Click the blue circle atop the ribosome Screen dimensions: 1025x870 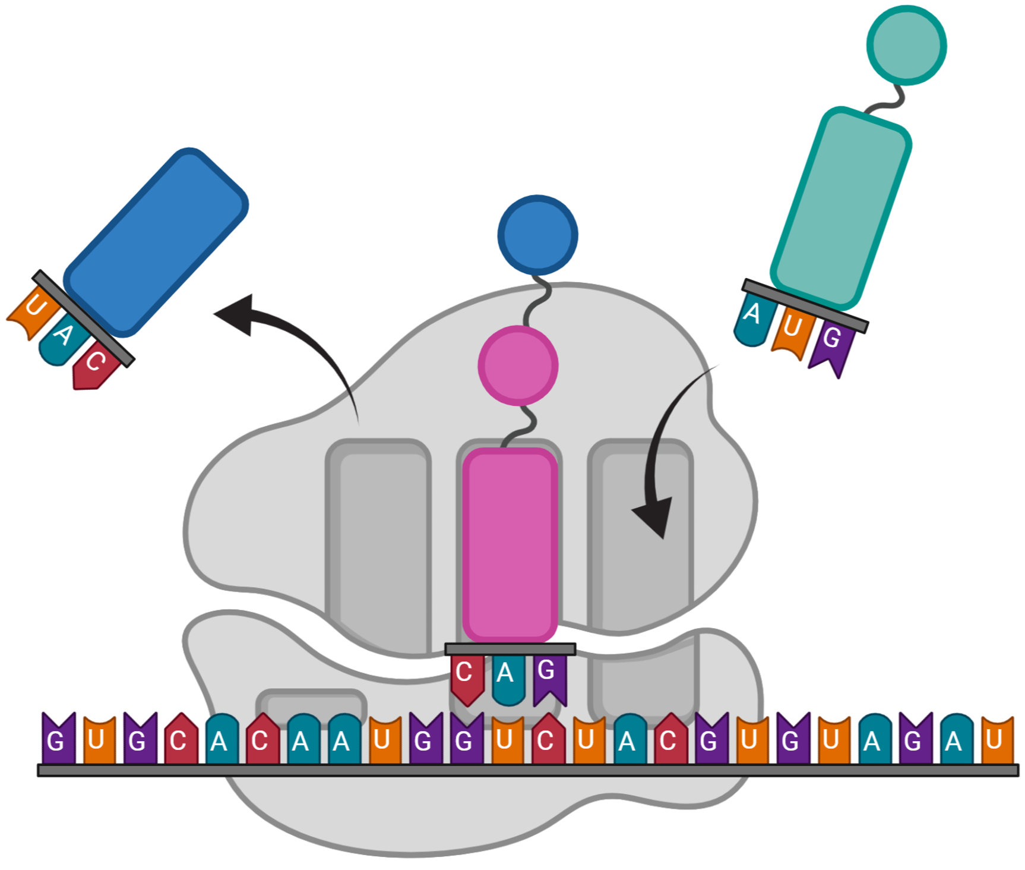537,235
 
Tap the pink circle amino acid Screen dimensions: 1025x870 518,365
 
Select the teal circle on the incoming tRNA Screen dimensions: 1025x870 906,45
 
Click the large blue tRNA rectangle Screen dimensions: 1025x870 156,242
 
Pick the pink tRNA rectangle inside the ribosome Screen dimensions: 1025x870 510,545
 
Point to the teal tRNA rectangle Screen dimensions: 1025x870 840,209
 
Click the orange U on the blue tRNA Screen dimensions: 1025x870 33,313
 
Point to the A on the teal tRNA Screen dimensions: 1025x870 755,319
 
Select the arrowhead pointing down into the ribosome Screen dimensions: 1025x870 654,516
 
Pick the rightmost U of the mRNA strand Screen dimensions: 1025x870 997,740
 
